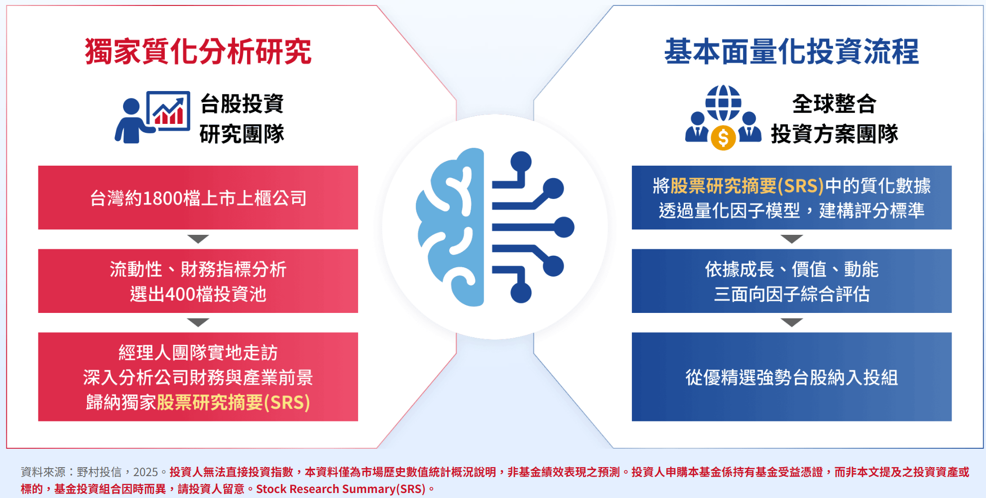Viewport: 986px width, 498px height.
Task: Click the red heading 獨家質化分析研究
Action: (198, 51)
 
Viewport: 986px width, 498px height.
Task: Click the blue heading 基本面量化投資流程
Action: (791, 51)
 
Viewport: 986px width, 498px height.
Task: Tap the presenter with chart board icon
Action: (152, 117)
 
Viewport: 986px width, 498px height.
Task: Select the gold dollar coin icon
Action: (723, 137)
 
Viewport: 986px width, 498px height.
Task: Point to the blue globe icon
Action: (723, 103)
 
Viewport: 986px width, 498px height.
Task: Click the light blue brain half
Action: (450, 227)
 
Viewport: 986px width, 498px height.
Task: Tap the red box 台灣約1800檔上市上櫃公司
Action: (198, 198)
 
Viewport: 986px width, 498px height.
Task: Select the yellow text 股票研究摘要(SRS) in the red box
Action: (234, 402)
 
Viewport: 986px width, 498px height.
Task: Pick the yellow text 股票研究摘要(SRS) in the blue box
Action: (747, 186)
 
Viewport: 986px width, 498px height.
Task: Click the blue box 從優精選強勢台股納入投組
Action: (792, 377)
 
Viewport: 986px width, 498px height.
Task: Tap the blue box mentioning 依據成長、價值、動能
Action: (792, 281)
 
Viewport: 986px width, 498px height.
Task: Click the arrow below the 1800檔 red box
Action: (198, 239)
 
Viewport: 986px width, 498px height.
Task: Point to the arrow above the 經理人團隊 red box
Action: (198, 322)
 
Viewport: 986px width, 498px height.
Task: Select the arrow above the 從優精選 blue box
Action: (792, 322)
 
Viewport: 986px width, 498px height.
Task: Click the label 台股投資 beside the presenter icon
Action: (242, 103)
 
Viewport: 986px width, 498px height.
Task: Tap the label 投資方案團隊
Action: (835, 133)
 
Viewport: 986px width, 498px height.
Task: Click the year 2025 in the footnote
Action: (145, 472)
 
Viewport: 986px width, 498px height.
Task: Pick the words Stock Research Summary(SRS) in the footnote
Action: (341, 489)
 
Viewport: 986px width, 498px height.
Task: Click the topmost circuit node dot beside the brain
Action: (521, 161)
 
